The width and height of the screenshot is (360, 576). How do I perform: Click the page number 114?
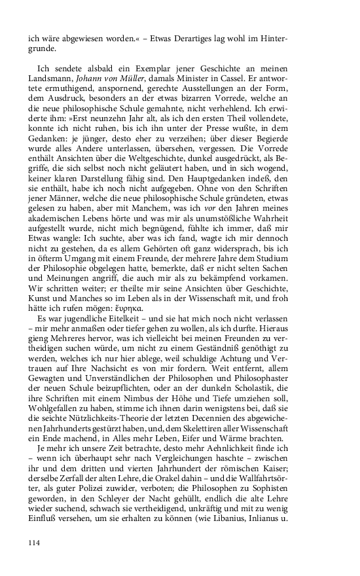pyautogui.click(x=35, y=542)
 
